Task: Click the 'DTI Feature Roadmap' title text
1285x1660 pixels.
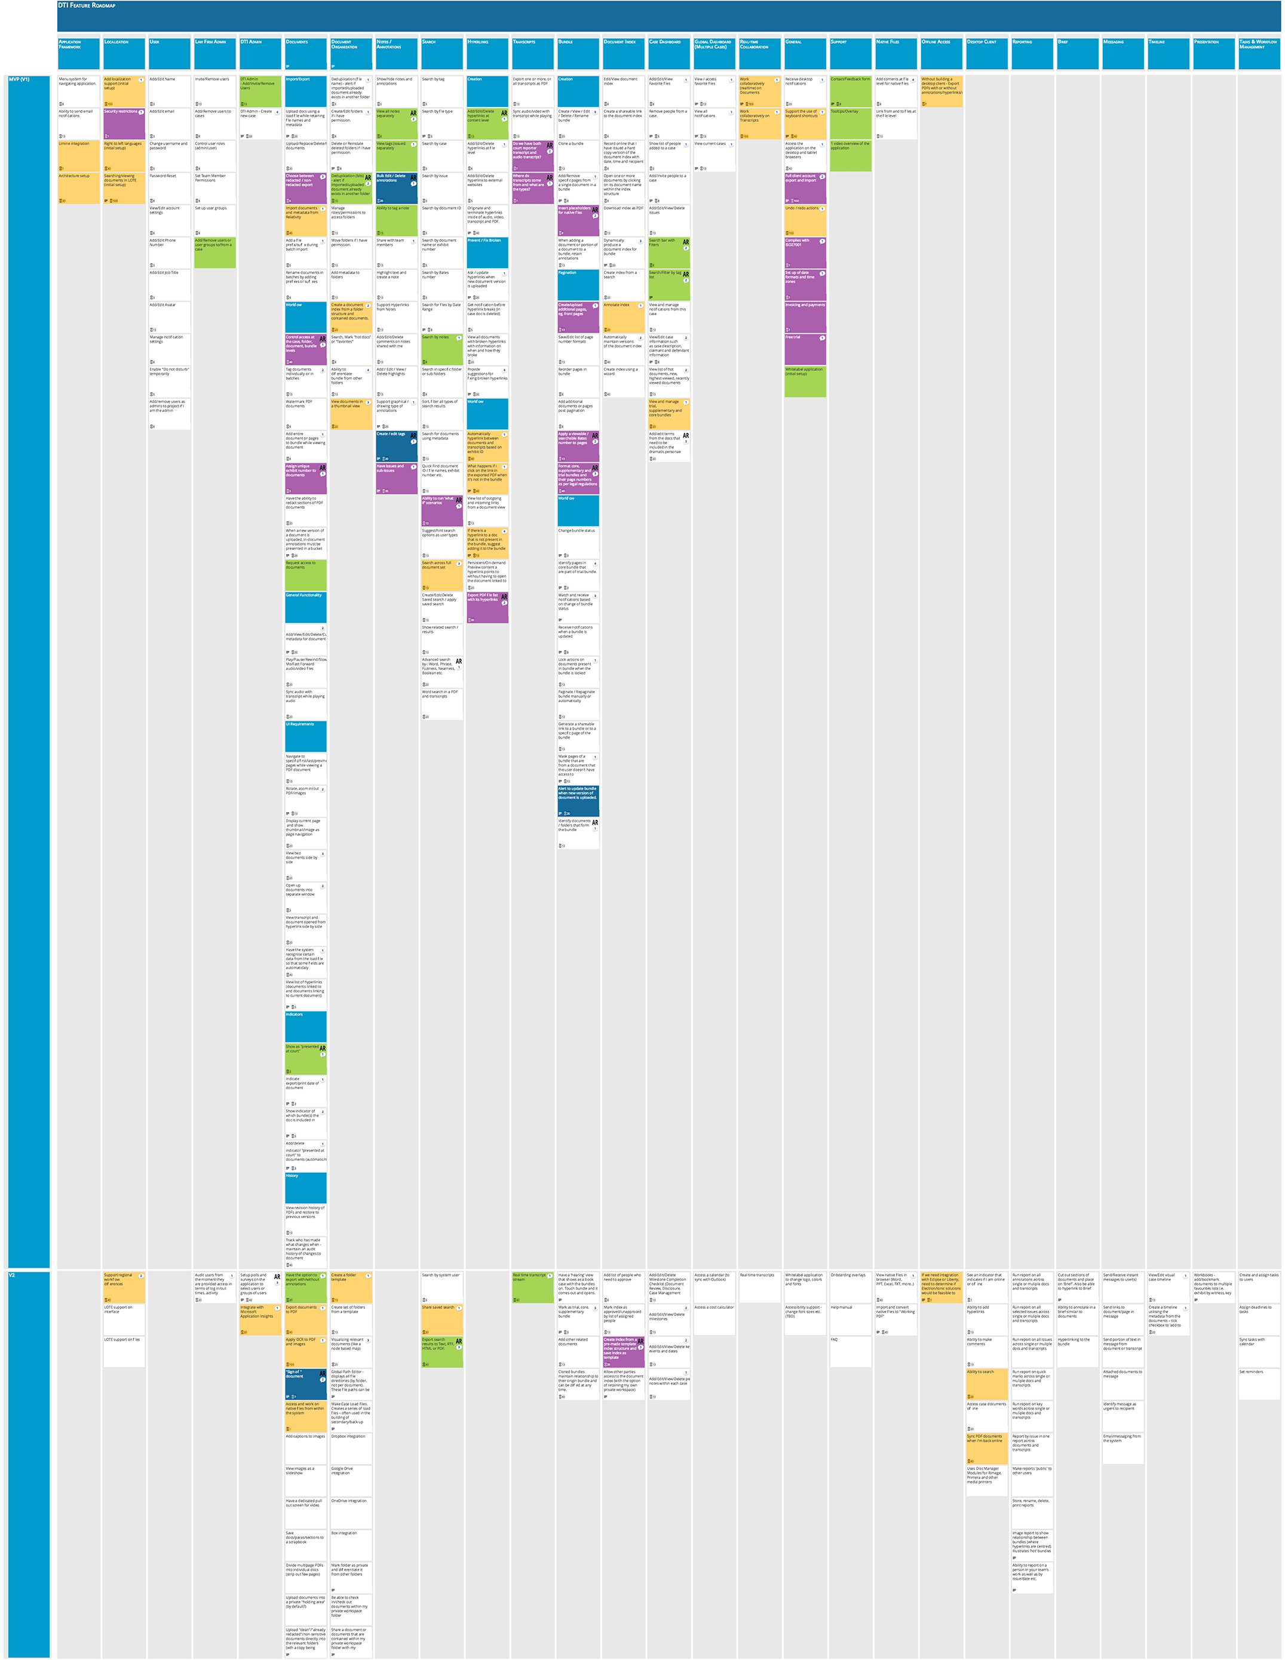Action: pos(87,5)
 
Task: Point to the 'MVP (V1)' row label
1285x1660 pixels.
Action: pos(19,79)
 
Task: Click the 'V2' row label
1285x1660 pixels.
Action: pos(12,1275)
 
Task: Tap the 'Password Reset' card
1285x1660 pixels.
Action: pos(169,187)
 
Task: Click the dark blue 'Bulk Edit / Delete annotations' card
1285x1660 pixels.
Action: pos(396,187)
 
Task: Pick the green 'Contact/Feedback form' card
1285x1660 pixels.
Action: pos(850,90)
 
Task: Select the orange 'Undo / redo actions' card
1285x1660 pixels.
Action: pos(805,220)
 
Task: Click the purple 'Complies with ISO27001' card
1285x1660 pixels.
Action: pos(805,251)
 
